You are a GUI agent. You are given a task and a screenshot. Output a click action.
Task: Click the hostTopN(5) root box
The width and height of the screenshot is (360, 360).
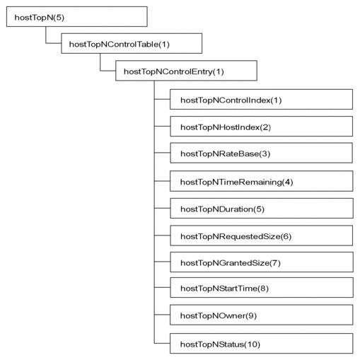point(76,17)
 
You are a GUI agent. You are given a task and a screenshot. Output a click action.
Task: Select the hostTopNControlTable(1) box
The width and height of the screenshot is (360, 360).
point(132,44)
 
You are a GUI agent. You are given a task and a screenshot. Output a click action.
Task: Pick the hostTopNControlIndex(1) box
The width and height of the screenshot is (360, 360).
point(261,100)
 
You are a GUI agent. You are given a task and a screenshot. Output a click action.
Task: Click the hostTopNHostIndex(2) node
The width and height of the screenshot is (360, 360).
point(261,127)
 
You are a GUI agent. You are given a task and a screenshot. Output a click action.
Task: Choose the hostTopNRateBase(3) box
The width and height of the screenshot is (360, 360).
point(261,153)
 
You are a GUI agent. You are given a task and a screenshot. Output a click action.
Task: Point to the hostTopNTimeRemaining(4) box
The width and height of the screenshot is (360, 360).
point(261,182)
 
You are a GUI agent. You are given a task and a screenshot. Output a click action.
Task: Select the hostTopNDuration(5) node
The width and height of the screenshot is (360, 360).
point(261,209)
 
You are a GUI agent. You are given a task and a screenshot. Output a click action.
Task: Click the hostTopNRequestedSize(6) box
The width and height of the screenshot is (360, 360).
point(261,236)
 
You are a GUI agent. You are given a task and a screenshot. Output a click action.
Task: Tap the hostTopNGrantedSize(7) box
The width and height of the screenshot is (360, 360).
point(261,262)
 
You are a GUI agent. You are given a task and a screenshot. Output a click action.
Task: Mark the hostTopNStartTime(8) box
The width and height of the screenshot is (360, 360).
point(261,289)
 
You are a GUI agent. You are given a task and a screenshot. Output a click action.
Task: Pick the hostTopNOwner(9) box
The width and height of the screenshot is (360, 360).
point(261,316)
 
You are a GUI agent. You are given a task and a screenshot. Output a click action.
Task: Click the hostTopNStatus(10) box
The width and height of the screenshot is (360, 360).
point(261,343)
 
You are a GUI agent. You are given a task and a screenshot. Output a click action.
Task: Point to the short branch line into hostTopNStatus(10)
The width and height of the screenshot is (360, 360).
point(162,343)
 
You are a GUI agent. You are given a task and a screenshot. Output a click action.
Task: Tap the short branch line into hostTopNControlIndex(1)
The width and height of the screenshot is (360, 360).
point(162,100)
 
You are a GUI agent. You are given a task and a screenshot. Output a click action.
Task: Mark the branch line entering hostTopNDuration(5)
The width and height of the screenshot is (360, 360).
point(162,209)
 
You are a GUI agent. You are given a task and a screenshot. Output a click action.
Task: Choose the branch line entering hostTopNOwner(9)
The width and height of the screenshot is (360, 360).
point(162,316)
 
